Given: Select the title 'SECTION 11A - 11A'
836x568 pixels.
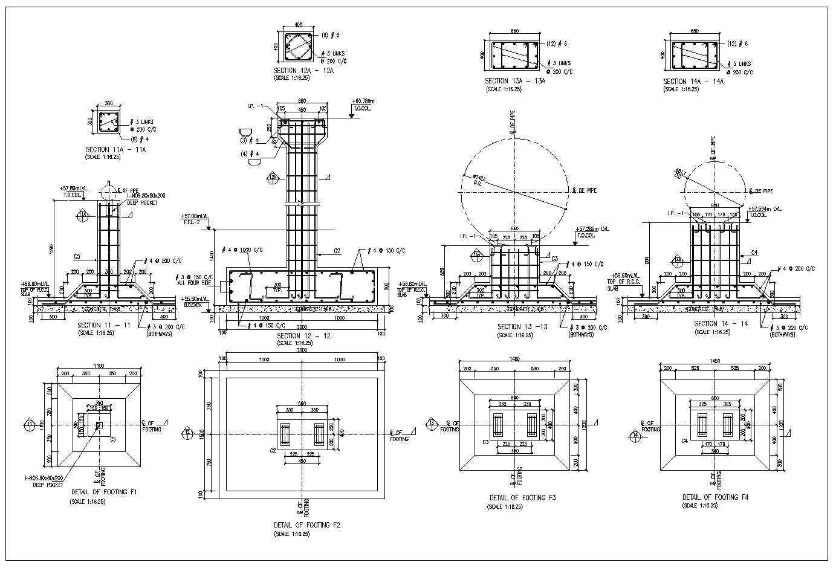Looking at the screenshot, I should (x=116, y=149).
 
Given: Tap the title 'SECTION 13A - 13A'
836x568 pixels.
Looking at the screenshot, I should (x=515, y=81).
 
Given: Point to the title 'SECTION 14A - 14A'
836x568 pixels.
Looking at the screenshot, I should (x=693, y=82).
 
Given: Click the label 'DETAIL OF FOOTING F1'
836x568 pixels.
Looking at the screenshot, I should (x=103, y=492).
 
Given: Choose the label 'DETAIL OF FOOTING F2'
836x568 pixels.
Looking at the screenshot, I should (x=307, y=525).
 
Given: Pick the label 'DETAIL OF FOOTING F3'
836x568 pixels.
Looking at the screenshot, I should (x=522, y=498).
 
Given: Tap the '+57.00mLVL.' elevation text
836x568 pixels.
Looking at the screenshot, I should (x=195, y=216).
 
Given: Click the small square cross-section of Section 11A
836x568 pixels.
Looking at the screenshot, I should (x=108, y=123).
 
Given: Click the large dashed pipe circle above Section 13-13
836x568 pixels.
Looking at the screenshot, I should (x=514, y=190).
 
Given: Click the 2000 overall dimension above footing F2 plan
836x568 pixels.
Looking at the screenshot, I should (x=302, y=351).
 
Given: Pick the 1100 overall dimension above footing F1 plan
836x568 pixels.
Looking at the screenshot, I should (x=99, y=366).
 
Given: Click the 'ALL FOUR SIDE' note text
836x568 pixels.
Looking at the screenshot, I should (x=194, y=283).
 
